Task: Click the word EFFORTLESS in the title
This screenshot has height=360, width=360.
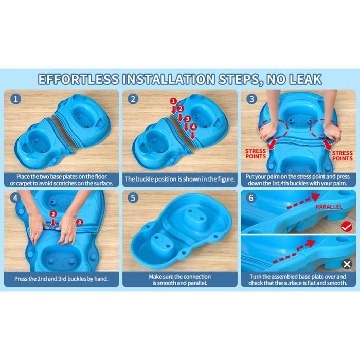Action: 79,79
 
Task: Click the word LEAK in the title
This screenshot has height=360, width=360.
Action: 305,79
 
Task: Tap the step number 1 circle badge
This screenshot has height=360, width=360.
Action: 16,99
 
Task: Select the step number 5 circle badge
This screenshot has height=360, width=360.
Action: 133,197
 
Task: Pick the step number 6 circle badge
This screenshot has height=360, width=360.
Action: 251,197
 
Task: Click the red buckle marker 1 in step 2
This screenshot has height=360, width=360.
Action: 173,101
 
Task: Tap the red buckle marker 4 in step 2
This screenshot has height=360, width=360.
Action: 193,127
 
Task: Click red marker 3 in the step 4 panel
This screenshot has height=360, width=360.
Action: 79,222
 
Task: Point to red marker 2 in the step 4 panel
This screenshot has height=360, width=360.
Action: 53,214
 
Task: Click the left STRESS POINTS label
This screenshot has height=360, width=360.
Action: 256,154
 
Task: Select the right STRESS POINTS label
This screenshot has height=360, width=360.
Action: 343,156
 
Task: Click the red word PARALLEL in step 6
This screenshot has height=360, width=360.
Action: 329,207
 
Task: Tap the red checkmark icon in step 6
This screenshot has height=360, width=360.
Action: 347,227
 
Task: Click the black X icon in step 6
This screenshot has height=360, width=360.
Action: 347,264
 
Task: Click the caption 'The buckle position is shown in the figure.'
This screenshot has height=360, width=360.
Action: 180,179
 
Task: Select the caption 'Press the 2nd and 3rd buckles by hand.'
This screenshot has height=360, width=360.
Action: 61,279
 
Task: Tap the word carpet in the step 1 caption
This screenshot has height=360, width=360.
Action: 25,184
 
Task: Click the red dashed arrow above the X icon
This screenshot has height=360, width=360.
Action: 294,251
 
